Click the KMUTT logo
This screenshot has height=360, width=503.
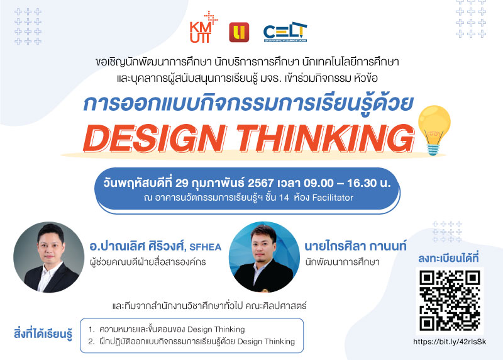coord(203,28)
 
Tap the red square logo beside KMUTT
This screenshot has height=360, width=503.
coord(239,32)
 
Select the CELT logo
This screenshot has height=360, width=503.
coord(285,32)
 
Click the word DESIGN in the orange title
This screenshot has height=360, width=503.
coord(155,138)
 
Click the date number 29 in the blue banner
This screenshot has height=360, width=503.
coord(182,183)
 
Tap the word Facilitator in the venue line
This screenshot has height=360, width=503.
coord(333,198)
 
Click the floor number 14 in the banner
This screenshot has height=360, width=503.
coord(284,198)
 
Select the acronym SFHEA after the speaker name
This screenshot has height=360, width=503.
coord(206,247)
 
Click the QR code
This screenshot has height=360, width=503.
coord(450,301)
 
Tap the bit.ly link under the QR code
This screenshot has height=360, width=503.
coord(450,342)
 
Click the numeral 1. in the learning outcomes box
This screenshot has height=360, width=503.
coord(92,330)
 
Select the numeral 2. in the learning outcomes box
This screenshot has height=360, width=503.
coord(92,342)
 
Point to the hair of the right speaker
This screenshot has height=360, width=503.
coord(263,232)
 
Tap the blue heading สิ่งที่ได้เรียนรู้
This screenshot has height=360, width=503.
coord(43,334)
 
